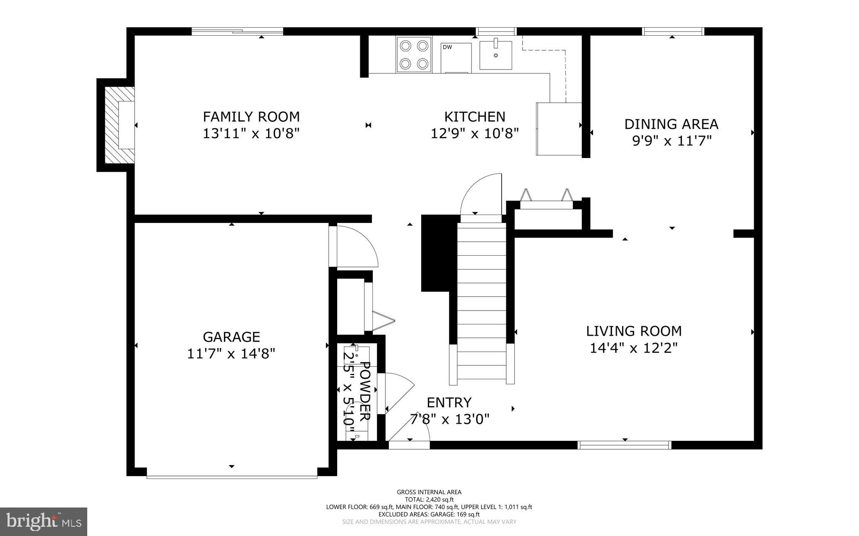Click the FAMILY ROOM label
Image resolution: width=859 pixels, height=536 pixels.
[x=251, y=116]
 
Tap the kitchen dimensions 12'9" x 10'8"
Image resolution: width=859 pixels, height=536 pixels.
[x=475, y=133]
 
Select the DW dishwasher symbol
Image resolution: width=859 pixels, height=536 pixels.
[x=456, y=57]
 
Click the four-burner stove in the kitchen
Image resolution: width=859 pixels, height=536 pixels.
[x=414, y=54]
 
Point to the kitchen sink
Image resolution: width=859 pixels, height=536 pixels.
[x=496, y=55]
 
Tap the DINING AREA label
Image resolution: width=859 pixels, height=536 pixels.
[x=671, y=124]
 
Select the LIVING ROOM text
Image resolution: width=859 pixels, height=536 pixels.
[x=634, y=331]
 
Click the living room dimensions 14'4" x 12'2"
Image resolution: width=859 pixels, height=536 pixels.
[x=634, y=348]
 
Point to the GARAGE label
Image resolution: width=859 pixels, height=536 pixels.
[x=232, y=337]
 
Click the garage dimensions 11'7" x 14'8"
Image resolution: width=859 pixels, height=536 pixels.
[x=231, y=354]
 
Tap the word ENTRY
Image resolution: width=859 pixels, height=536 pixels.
[x=449, y=402]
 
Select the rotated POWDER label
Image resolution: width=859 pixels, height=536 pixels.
[x=365, y=391]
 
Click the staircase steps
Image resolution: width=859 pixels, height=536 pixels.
[x=482, y=303]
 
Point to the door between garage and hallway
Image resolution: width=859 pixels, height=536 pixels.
[x=354, y=246]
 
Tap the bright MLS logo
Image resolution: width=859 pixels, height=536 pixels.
[x=44, y=522]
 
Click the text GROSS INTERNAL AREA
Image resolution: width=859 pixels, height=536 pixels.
[x=429, y=492]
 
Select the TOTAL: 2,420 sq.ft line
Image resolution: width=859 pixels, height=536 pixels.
[x=429, y=500]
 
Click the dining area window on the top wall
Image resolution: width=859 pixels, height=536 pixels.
[x=673, y=31]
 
